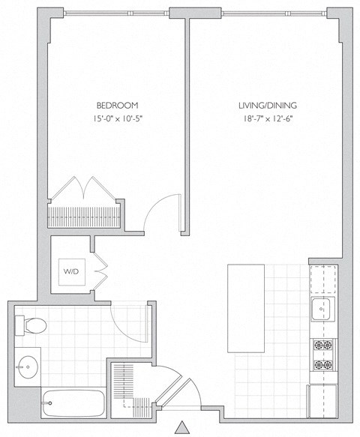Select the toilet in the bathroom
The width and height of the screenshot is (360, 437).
[31, 325]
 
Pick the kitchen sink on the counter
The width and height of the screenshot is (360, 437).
[323, 307]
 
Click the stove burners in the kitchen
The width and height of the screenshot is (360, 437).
[323, 355]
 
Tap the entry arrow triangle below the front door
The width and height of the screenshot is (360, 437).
[181, 428]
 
